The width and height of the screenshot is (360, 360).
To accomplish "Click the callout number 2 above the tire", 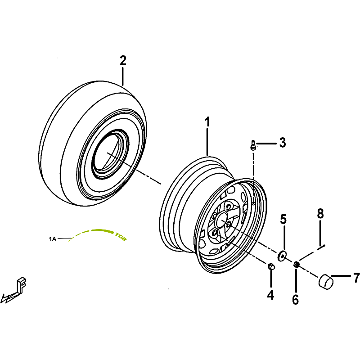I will click(x=123, y=61).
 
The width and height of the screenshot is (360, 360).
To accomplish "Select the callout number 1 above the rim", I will click(x=207, y=122).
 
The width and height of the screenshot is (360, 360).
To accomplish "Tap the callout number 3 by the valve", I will click(x=282, y=143).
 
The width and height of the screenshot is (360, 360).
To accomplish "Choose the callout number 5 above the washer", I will click(x=283, y=220).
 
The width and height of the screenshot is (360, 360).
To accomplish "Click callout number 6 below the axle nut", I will click(x=295, y=299).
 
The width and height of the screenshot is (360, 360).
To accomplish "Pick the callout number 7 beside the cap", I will click(x=355, y=278).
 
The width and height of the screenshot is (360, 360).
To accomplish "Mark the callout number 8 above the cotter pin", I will click(x=320, y=214).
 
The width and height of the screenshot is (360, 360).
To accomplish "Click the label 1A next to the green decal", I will click(x=53, y=239).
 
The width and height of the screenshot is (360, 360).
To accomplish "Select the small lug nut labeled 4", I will click(x=271, y=266).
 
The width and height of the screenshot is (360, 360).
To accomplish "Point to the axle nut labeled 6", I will click(x=297, y=265).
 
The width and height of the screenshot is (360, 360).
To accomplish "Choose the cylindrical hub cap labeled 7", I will click(x=326, y=281).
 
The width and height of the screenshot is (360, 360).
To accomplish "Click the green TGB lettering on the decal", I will click(x=120, y=236).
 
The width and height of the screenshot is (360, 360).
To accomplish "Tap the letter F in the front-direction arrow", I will click(x=21, y=285).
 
